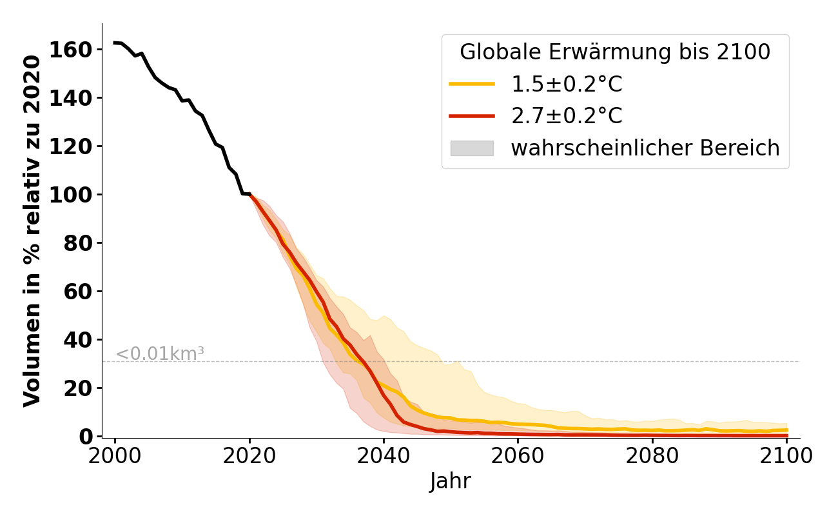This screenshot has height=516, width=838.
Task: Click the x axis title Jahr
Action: [451, 482]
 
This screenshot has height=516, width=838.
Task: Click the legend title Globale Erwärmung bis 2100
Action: [615, 52]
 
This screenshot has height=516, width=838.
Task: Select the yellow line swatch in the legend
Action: [472, 84]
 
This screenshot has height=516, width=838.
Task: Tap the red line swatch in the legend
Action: [472, 116]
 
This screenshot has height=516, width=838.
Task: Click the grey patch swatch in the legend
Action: [472, 148]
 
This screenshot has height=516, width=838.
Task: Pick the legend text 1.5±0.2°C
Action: [567, 84]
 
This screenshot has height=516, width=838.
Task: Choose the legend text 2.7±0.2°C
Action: [567, 116]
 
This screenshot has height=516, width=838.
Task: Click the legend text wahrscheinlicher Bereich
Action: [645, 148]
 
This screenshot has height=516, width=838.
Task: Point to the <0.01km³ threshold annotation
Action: [160, 353]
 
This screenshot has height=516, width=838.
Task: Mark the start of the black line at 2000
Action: [115, 43]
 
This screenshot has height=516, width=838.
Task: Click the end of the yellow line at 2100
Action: [786, 430]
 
